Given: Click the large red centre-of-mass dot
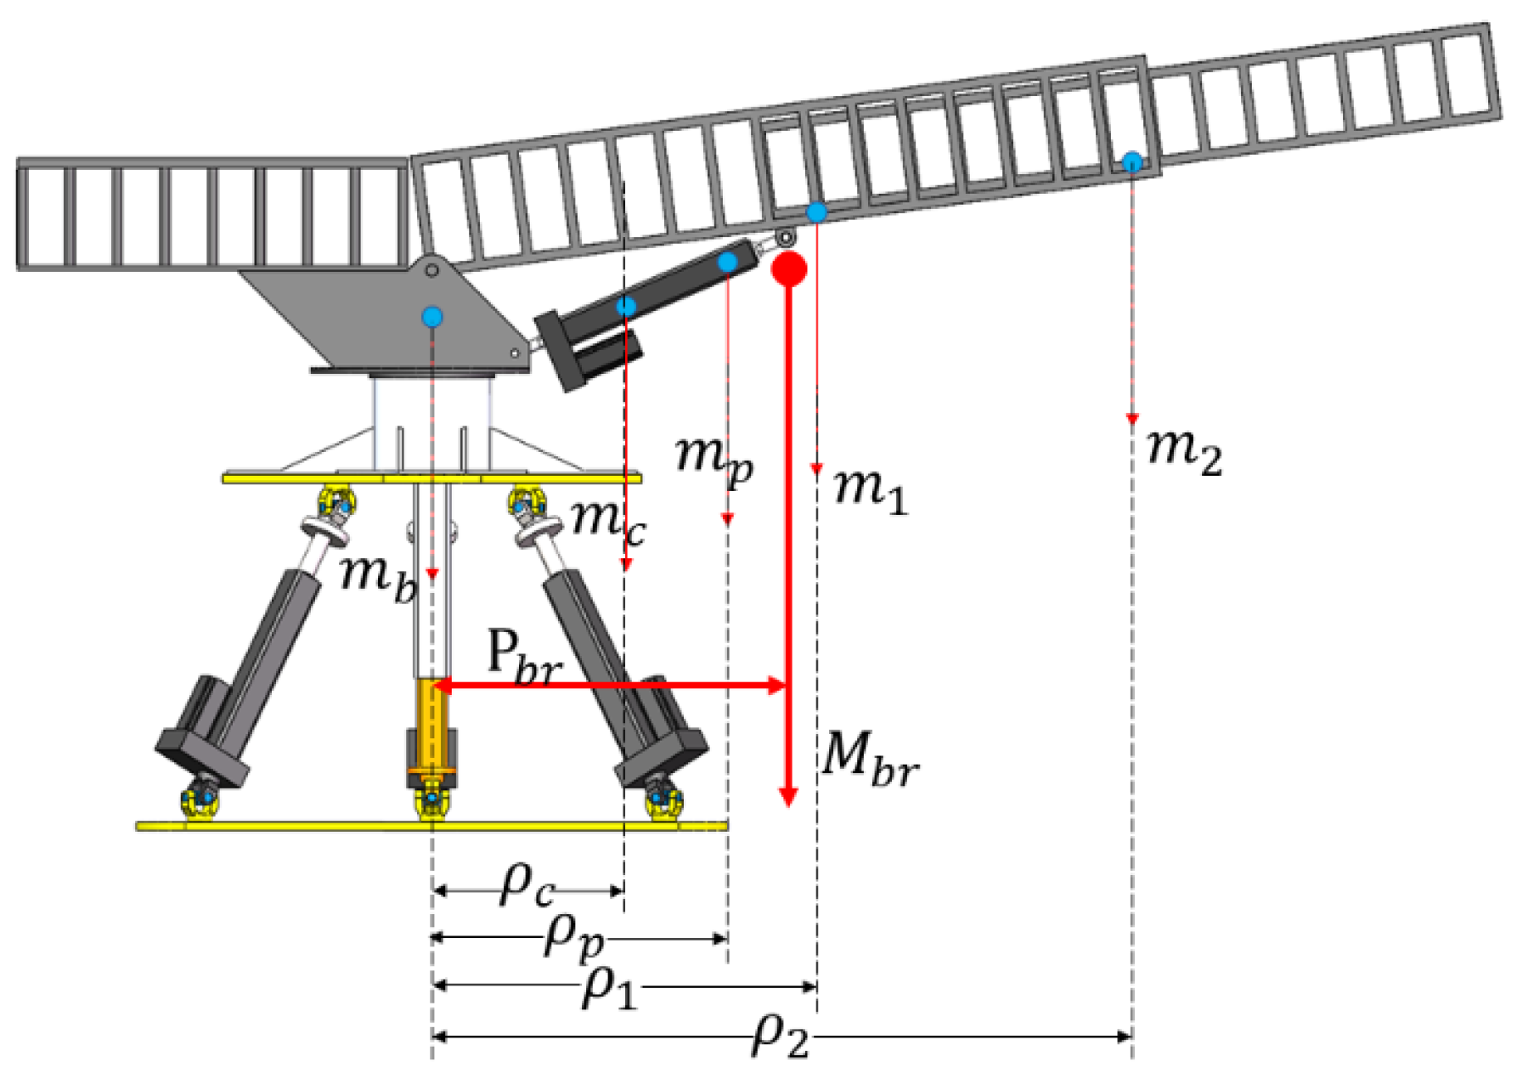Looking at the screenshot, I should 789,268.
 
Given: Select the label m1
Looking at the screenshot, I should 871,491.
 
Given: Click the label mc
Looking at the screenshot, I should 608,520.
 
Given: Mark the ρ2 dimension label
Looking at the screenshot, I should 780,1036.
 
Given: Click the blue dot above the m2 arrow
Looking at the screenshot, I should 1131,161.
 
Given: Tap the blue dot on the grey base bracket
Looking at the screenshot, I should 432,318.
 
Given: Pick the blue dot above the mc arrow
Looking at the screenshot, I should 626,307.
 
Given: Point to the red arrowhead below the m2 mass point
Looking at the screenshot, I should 1131,419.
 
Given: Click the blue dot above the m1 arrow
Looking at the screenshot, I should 816,212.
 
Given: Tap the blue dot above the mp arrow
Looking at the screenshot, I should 727,263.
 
